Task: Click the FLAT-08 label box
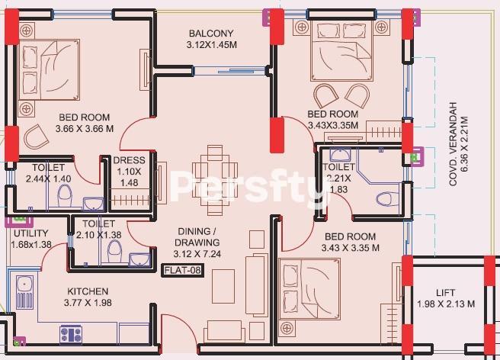click(182, 270)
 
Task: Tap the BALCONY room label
click(211, 34)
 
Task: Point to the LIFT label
click(445, 293)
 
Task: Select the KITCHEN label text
click(88, 291)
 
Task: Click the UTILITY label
click(31, 233)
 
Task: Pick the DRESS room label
click(129, 160)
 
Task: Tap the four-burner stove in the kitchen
click(71, 334)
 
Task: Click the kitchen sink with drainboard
click(24, 292)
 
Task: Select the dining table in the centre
click(215, 180)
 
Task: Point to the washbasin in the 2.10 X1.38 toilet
click(139, 259)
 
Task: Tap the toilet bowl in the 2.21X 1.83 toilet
click(387, 199)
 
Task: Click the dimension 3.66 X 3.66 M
click(85, 129)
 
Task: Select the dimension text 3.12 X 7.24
click(197, 254)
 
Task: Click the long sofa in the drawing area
click(256, 284)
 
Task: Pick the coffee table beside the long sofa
click(223, 286)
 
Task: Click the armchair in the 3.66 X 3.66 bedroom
click(36, 137)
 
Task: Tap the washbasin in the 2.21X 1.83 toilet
click(340, 155)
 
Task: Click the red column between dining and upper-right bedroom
click(277, 135)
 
